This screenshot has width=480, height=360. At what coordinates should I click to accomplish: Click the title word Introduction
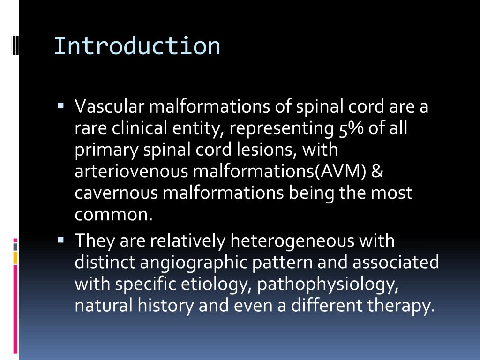(137, 46)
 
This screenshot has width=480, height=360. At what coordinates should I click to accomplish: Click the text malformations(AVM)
(279, 172)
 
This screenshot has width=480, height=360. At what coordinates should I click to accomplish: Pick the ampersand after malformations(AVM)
(377, 172)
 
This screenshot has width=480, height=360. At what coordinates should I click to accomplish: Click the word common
(114, 215)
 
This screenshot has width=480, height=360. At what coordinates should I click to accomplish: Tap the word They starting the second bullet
(95, 241)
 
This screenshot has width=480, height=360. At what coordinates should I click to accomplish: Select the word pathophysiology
(328, 284)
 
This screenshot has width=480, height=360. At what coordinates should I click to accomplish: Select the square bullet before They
(61, 240)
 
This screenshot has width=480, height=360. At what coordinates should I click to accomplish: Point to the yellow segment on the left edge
(15, 257)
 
